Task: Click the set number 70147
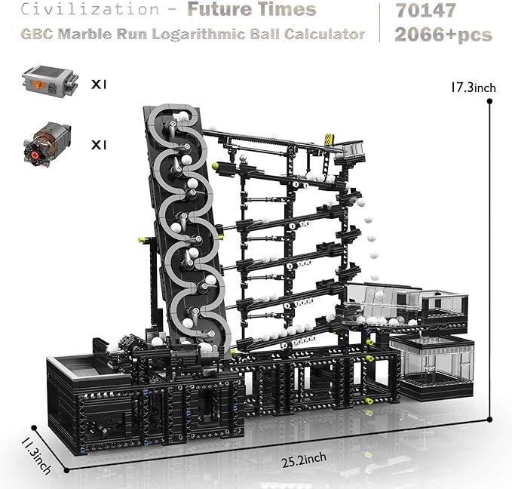(426, 10)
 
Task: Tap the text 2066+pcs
(443, 35)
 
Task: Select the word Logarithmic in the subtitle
(198, 34)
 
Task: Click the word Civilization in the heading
(90, 9)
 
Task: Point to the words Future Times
(252, 9)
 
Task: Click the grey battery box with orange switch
(50, 82)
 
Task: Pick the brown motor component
(47, 144)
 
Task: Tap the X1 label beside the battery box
(99, 85)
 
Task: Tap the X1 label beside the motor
(99, 145)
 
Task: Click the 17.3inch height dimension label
(473, 88)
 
